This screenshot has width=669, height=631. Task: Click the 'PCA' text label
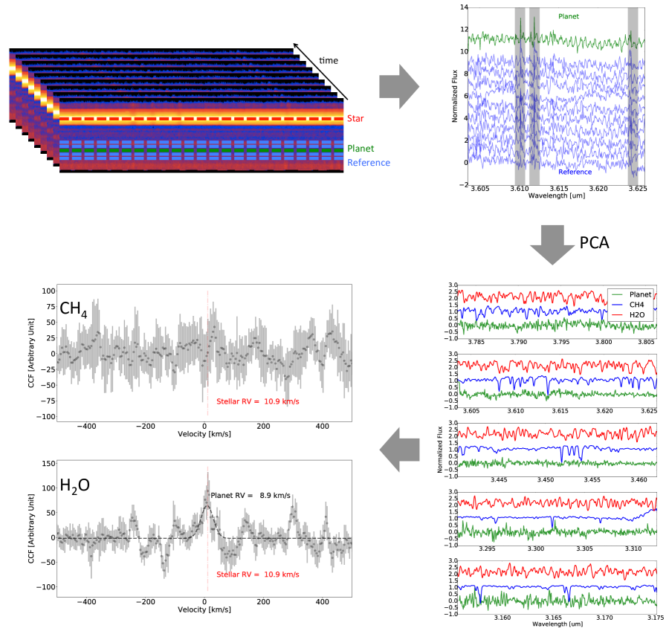coord(594,242)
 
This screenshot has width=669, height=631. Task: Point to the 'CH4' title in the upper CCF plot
coord(76,306)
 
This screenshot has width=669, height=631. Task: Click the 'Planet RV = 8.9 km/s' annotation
coord(251,495)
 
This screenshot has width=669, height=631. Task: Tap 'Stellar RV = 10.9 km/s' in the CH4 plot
coord(257,401)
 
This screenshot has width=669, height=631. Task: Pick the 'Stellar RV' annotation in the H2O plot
coord(257,575)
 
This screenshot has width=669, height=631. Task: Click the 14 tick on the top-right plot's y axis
coord(463,7)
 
